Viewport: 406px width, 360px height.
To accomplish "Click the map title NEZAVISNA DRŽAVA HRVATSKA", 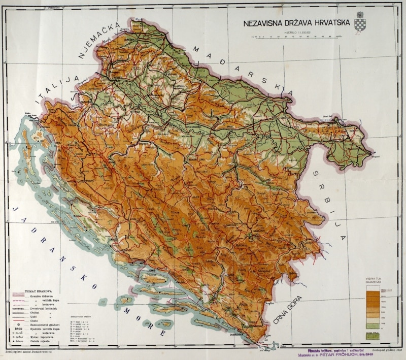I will tap(295, 23).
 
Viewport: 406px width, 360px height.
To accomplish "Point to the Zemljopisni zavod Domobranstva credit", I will tap(31, 351).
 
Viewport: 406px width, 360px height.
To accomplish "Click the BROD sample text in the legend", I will tap(16, 329).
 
